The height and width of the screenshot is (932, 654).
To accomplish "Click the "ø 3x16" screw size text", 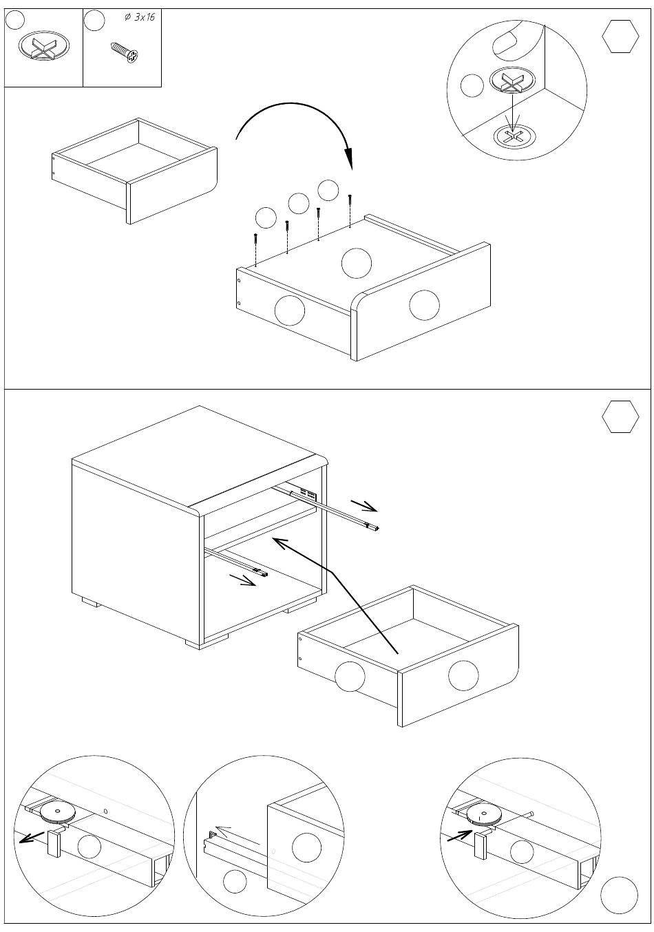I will pyautogui.click(x=140, y=17).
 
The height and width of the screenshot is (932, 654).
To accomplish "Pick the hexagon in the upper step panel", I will pyautogui.click(x=620, y=37).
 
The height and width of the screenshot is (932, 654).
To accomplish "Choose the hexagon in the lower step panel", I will pyautogui.click(x=620, y=416).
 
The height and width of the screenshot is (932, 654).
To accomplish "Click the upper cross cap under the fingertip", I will pyautogui.click(x=512, y=83).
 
